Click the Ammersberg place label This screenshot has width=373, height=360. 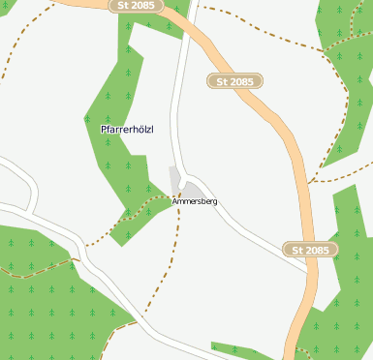[195, 201]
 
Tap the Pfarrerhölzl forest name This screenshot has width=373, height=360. [127, 129]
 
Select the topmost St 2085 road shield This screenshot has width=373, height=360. [136, 6]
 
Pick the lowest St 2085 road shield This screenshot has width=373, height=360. [311, 250]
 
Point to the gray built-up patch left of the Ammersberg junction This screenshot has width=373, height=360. [174, 180]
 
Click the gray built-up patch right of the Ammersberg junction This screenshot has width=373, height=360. [193, 189]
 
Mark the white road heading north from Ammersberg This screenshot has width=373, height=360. [177, 106]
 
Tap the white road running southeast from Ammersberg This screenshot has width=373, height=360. [252, 237]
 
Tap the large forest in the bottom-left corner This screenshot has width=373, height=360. [39, 310]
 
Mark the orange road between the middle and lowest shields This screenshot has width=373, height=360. [295, 165]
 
